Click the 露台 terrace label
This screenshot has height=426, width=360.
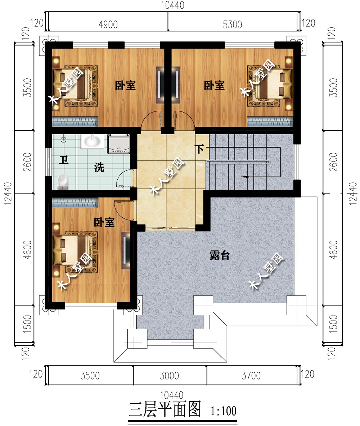click(220, 255)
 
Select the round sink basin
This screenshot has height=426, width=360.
click(93, 141)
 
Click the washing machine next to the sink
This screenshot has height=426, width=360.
click(118, 144)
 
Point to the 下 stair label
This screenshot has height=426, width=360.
click(199, 149)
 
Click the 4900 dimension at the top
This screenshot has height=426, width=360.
click(108, 24)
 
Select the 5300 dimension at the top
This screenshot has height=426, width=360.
click(232, 24)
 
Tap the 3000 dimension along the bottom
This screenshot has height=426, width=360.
click(169, 376)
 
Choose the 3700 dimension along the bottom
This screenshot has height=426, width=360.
click(251, 376)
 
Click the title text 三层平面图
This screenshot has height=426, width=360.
click(165, 409)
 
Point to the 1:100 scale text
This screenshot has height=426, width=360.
click(224, 411)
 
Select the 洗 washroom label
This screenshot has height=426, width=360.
click(99, 167)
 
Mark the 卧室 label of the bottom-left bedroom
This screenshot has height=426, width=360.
click(104, 222)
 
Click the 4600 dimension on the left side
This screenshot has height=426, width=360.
click(27, 249)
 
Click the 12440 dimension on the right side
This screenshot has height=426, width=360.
click(353, 193)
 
